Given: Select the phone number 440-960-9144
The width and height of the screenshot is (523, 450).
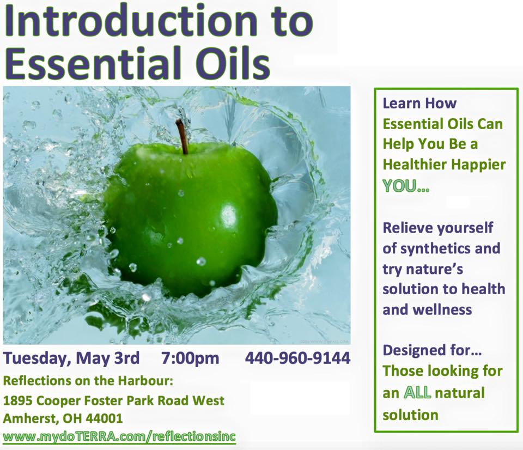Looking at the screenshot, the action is [298, 358].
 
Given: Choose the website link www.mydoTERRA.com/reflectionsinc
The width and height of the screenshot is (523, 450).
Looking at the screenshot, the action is [119, 437].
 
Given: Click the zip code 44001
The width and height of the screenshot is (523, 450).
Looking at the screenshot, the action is [104, 418].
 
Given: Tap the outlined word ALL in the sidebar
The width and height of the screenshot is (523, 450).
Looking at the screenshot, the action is [418, 393].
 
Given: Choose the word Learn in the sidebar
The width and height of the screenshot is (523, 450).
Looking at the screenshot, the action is [400, 104].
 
